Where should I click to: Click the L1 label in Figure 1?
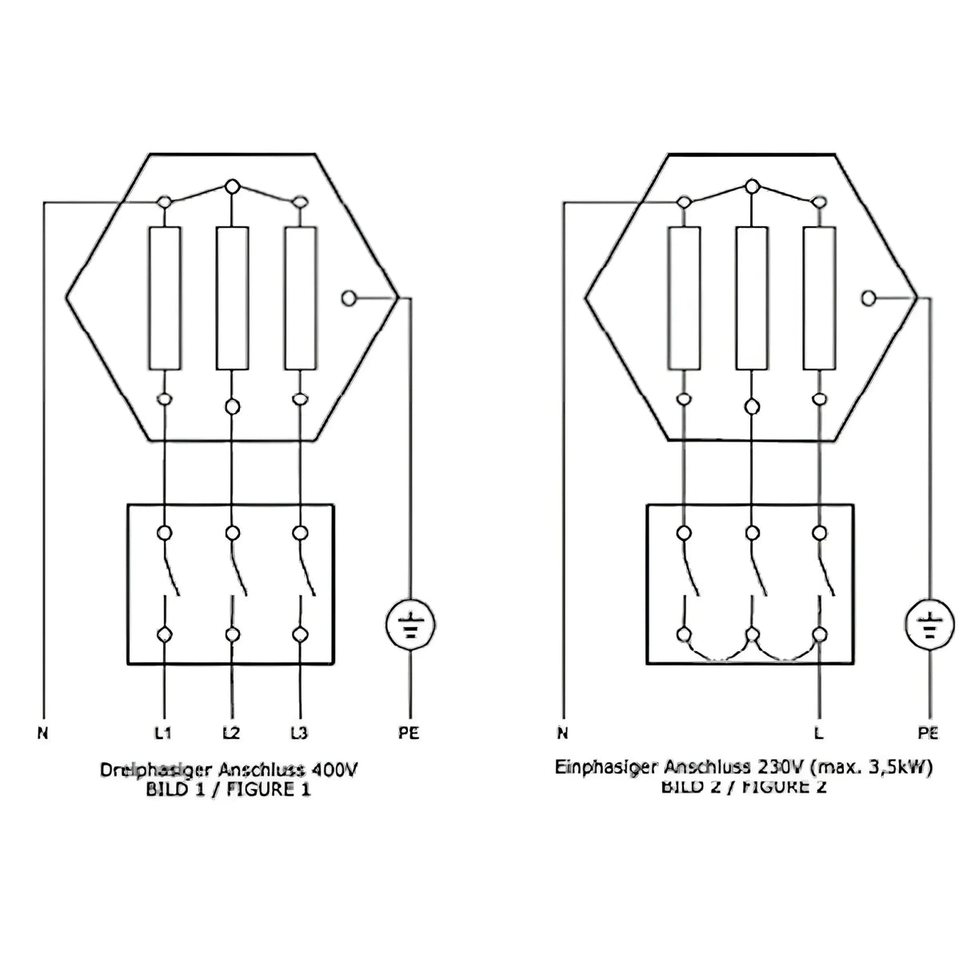click(165, 732)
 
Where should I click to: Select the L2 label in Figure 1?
click(232, 732)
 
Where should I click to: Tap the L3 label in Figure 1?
click(299, 732)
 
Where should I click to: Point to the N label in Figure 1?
click(42, 732)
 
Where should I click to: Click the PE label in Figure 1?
click(409, 732)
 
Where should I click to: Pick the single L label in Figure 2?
click(819, 732)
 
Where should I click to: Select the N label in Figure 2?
click(562, 732)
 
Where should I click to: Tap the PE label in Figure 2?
click(929, 732)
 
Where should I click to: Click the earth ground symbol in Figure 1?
click(410, 625)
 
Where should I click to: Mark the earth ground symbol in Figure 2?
click(929, 625)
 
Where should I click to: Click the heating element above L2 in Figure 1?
click(232, 298)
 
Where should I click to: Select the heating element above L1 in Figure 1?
click(165, 298)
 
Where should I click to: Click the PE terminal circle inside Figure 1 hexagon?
click(348, 298)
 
